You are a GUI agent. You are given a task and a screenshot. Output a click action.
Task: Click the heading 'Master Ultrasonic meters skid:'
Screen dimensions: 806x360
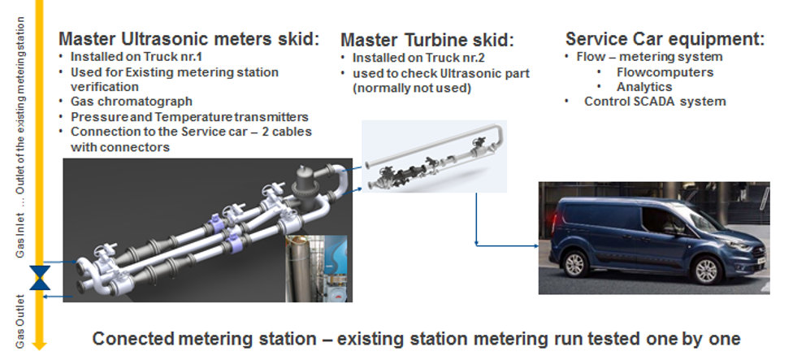pos(188,39)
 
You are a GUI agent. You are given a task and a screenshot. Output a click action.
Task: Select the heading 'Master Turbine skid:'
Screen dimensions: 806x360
pos(427,40)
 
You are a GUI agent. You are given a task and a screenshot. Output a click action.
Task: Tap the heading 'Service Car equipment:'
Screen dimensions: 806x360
pos(665,39)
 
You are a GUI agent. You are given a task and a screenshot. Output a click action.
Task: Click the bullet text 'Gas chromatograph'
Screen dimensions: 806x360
pos(131,102)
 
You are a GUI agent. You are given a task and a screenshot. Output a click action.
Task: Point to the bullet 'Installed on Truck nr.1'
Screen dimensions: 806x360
pos(131,57)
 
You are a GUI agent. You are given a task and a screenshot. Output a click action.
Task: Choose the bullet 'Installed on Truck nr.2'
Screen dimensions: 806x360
pos(418,59)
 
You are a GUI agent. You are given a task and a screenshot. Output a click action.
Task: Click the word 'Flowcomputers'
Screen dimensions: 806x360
pos(665,72)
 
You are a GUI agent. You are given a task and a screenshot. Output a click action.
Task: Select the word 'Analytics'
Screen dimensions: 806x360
pos(644,87)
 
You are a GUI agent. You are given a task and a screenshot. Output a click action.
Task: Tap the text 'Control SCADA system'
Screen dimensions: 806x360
pos(655,102)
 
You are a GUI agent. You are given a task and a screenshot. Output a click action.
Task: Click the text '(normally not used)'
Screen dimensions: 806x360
pos(412,88)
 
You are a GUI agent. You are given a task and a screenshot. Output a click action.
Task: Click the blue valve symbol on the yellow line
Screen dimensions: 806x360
pos(40,278)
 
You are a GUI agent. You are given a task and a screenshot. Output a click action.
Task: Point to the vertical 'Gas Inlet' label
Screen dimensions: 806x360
pos(20,235)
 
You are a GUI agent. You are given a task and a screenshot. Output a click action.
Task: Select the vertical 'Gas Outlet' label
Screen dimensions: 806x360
pos(20,322)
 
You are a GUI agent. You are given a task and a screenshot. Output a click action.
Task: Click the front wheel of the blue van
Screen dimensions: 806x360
pos(706,270)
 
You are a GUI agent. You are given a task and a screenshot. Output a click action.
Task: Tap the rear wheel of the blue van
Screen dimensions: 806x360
pos(576,263)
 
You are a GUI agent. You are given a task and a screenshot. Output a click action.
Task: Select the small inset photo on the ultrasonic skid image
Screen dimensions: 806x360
pos(316,268)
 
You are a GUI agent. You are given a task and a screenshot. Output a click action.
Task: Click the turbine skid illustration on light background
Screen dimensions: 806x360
pos(435,156)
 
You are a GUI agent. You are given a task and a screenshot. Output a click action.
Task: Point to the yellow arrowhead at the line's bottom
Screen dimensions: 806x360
pos(40,345)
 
